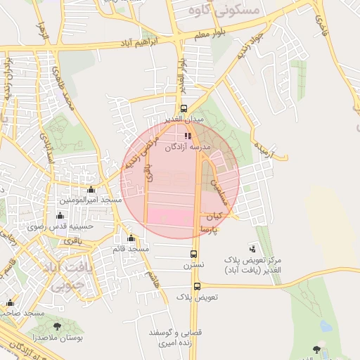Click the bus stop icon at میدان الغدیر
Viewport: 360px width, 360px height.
coord(184,109)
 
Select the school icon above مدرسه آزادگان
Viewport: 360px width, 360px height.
coord(187,136)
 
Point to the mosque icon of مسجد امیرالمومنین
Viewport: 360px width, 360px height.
coord(91,190)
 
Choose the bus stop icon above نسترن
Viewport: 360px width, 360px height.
coord(194,254)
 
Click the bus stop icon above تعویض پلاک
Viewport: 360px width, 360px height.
coord(197,286)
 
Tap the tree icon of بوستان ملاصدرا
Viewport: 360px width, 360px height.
coord(56,326)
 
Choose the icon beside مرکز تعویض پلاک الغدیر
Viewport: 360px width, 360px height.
coord(253,248)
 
